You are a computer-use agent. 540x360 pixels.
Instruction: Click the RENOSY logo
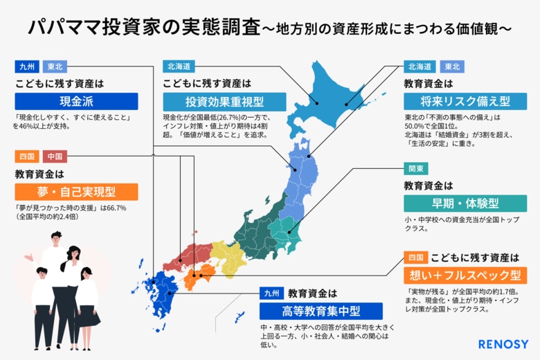point(503,343)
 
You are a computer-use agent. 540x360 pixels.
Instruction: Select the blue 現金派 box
point(76,101)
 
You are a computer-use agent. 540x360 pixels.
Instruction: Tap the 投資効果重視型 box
point(224,101)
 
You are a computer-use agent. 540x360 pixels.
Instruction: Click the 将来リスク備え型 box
point(465,101)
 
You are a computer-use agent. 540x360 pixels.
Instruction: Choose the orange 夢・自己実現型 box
point(76,192)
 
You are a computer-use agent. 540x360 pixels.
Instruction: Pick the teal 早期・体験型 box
point(465,204)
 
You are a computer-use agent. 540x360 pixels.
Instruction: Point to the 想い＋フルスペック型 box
point(465,276)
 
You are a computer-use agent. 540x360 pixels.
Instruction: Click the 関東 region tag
point(417,168)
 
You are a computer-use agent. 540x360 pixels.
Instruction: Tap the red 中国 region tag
point(55,156)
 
